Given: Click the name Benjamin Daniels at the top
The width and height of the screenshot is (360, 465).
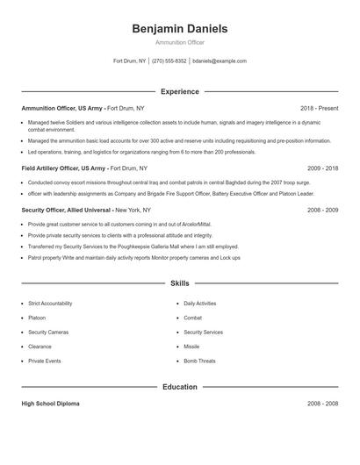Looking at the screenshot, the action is pos(179,29).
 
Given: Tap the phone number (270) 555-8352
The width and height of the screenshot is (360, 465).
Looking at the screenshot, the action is pos(169,61).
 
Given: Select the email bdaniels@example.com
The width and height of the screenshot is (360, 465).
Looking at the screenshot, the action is pos(220,61).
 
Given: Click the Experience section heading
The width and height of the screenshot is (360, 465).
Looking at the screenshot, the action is pos(179,91).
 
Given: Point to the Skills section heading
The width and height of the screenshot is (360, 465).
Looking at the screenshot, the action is pos(179,283).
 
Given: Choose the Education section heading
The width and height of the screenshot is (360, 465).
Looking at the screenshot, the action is pos(179,386).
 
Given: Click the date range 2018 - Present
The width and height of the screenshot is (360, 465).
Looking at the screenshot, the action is pos(318,108).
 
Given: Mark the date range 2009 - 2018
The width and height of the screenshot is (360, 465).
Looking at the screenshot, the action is pos(322,167).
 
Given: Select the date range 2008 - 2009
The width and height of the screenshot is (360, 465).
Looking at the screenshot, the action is pos(322,211).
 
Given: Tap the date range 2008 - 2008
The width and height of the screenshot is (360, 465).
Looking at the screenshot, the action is pos(322,404).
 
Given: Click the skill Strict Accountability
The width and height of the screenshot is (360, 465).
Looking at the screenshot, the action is pos(51,303).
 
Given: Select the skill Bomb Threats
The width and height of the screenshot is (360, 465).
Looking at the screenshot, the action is pos(199,361).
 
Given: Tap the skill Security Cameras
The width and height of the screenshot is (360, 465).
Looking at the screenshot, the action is pos(48,333).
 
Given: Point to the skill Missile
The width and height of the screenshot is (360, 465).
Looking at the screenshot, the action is pos(192,347).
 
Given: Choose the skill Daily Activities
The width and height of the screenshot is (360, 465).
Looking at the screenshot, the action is pos(200,303).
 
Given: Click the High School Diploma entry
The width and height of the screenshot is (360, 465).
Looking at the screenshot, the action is pos(50,404).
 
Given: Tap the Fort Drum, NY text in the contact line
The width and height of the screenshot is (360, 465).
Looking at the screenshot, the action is pos(130,61).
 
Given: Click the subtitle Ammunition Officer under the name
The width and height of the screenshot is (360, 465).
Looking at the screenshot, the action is pos(179,43).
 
